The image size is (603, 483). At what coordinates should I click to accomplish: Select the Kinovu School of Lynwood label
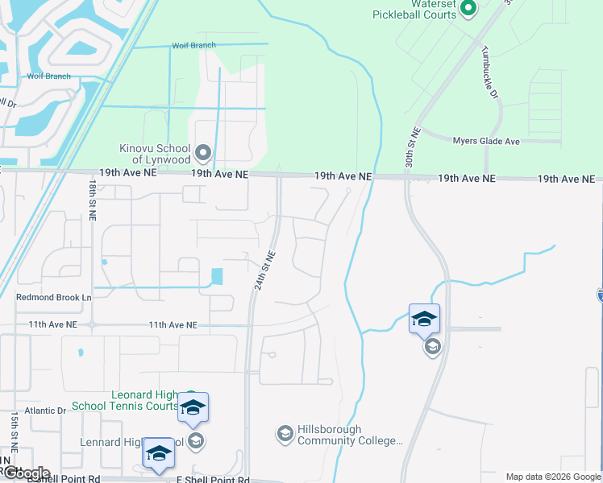coord(154,154)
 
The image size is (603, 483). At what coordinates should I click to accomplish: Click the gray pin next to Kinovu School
coord(203,151)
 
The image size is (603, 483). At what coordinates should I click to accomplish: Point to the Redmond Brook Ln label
coord(54,297)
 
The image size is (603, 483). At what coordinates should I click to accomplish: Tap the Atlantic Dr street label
coord(45,411)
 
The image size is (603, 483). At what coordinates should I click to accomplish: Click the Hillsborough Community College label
coord(350,435)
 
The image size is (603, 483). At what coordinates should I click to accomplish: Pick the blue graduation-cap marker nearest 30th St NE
coord(424,319)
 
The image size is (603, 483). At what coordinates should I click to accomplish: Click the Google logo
coord(26,473)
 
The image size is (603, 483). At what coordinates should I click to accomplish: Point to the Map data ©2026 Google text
coord(553,477)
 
